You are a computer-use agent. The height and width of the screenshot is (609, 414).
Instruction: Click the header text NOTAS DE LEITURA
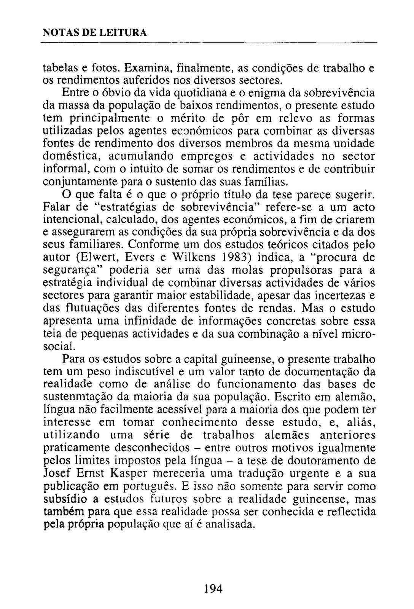94,33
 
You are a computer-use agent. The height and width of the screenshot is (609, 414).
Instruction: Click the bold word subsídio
65,499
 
